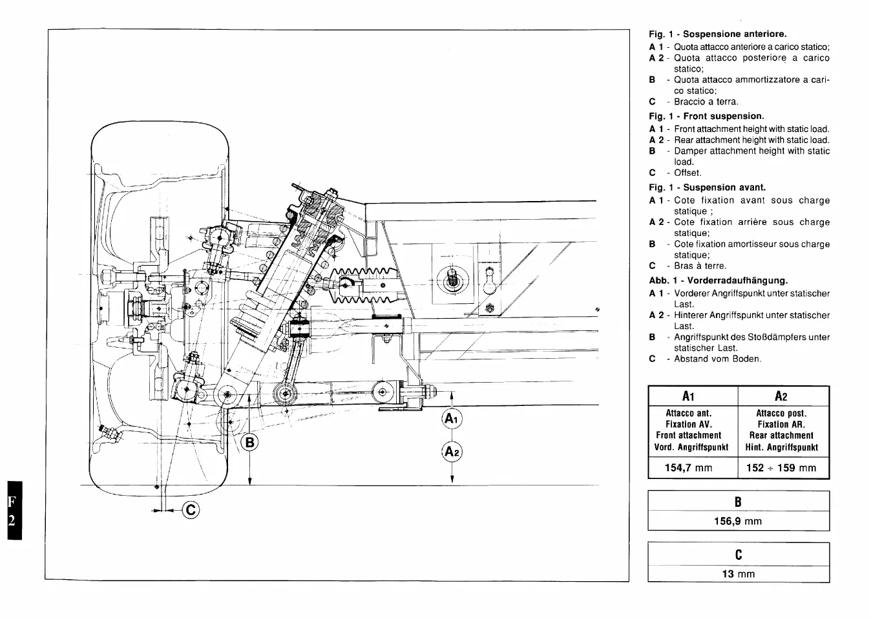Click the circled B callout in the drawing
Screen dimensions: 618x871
coord(249,442)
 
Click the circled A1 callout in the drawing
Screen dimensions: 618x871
coord(452,419)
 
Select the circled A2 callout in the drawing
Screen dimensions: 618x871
coord(452,451)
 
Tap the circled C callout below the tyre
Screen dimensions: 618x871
coord(191,511)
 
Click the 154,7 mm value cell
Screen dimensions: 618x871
coord(693,468)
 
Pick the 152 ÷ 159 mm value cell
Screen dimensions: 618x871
coord(783,468)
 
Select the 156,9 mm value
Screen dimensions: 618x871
coord(739,521)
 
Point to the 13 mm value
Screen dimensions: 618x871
coord(739,574)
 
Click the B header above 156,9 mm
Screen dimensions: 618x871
coord(739,502)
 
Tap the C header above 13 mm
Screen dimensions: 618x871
coord(739,555)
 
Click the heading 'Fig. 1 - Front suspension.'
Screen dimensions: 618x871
coord(706,116)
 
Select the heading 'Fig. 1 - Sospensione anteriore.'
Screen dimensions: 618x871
coord(718,34)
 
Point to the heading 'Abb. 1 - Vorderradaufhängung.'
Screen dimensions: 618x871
coord(718,281)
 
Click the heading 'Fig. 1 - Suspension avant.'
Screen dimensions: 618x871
coord(707,187)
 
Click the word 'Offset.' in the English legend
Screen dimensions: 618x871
coord(687,173)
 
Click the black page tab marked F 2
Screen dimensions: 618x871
coord(12,510)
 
